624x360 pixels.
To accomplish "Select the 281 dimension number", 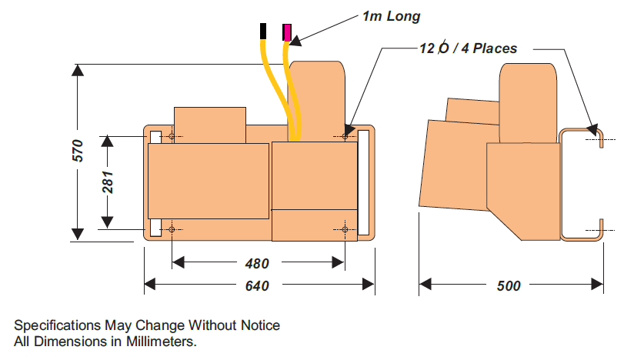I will tap(108, 182).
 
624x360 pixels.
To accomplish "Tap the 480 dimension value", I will tap(257, 263).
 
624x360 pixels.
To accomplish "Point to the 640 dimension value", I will tap(257, 286).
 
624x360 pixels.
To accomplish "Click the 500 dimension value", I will tap(509, 286).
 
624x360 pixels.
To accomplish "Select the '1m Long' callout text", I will tap(392, 15).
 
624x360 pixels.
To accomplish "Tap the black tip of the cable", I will tap(264, 32).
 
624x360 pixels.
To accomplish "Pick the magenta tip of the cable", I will tap(287, 32).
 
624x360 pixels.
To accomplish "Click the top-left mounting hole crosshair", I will tap(171, 137).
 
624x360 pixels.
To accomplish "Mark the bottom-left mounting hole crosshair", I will tap(171, 229).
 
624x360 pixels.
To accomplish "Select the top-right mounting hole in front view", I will tap(345, 137).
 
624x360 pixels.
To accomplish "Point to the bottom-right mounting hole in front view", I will tap(345, 229).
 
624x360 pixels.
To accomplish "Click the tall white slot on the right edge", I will tap(364, 183).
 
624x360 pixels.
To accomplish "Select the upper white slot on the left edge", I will tap(155, 137).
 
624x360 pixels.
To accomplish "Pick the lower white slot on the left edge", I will tap(155, 228).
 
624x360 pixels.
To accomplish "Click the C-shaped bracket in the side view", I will tap(562, 185).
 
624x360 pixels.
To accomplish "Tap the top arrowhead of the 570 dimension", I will tap(77, 71).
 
